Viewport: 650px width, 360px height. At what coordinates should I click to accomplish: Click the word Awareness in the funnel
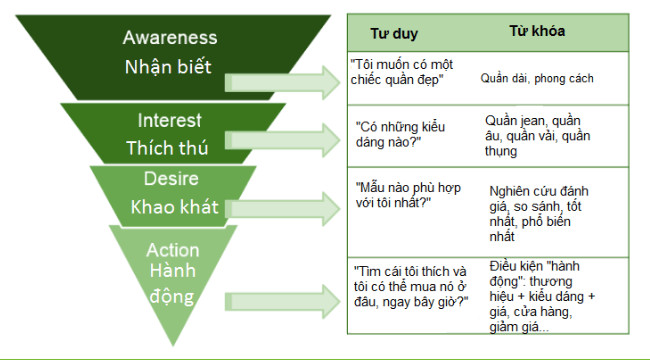point(170,37)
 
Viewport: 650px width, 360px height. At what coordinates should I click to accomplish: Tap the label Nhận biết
point(168,66)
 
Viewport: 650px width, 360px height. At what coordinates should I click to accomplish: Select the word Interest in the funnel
point(170,121)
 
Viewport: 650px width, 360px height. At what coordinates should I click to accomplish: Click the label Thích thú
point(167,148)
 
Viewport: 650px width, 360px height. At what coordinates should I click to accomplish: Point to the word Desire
point(171,179)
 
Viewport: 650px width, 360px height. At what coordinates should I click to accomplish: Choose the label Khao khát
point(175,207)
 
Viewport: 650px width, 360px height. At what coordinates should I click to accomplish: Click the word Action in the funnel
point(173,251)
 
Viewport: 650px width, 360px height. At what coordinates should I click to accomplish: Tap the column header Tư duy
point(394,34)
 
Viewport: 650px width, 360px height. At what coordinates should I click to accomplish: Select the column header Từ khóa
point(537,31)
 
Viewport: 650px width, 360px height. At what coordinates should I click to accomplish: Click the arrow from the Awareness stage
point(282,83)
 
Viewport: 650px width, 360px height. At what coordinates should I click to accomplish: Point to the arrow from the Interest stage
point(282,140)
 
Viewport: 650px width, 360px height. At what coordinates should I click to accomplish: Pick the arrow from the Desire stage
point(282,209)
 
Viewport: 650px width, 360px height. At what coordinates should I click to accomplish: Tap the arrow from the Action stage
point(282,302)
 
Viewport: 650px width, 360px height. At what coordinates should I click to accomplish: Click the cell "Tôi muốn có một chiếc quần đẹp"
point(402,72)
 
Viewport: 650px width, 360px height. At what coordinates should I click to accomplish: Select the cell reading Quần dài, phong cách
point(537,78)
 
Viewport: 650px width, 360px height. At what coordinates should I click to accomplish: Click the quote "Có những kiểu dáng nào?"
point(400,134)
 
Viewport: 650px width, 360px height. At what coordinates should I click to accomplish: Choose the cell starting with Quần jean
point(538,136)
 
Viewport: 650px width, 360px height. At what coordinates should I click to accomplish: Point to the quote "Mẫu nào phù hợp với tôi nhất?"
point(408,195)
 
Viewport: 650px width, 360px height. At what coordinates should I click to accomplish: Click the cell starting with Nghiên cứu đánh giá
point(539,214)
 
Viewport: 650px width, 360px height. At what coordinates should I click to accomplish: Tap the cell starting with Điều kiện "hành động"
point(542,297)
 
